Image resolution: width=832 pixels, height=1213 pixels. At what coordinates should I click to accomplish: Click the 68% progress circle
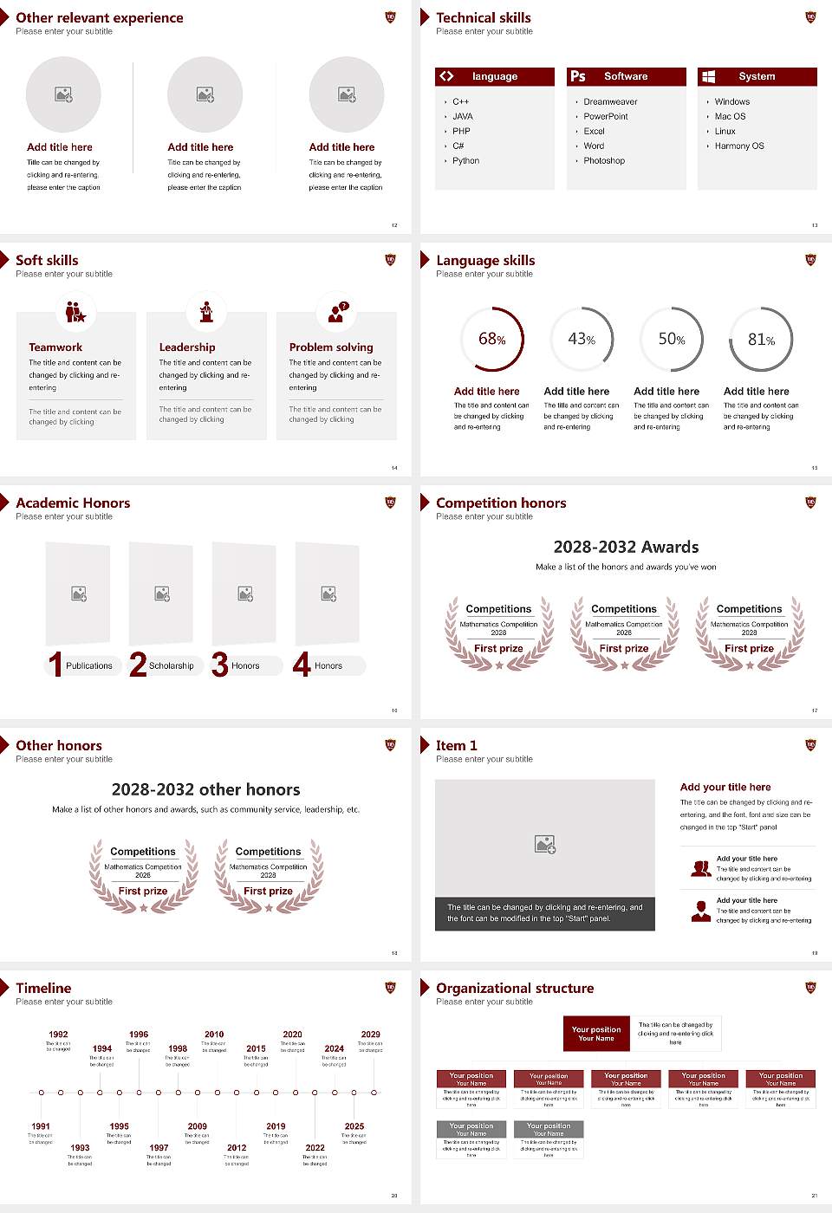coord(492,339)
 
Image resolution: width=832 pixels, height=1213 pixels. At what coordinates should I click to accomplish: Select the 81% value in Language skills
coord(761,340)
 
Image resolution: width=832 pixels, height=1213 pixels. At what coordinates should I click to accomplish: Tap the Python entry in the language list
coord(465,161)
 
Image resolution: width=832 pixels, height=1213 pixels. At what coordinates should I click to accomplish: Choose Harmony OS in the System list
coord(739,146)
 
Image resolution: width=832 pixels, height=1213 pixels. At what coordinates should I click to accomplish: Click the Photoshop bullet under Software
coord(603,161)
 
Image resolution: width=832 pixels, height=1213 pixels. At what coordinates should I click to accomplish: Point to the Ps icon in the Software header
coord(578,76)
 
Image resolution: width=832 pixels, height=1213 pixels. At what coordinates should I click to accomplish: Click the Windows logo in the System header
coord(708,76)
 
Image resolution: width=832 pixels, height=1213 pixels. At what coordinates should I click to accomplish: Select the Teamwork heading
coord(55,347)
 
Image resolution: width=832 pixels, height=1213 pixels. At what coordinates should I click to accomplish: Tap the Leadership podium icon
coord(206,311)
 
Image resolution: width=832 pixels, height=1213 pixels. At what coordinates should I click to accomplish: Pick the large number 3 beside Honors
coord(220,665)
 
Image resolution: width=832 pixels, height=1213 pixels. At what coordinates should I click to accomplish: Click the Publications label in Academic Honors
coord(89,666)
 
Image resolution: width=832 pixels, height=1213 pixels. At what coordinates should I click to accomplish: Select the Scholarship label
coord(172,666)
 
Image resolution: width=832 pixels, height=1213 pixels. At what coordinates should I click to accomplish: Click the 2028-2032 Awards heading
coord(626,547)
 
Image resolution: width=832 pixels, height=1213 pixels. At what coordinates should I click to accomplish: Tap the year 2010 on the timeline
coord(214,1035)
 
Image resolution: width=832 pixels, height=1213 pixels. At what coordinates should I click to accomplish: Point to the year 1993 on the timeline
coord(80,1147)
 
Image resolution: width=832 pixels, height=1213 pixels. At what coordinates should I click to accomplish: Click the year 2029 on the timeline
coord(370,1035)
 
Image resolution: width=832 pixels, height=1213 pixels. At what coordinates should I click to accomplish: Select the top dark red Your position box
coord(596,1034)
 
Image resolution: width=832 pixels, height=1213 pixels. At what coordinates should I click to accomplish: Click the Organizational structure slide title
coord(515,989)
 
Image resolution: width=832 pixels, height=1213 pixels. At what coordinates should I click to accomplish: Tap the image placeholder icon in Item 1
coord(545,844)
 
